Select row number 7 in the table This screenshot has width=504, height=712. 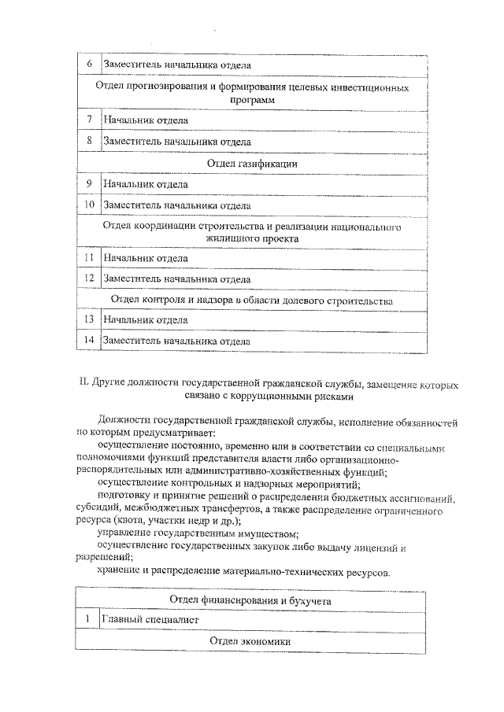pos(89,120)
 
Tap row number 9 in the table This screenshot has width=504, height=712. pos(89,184)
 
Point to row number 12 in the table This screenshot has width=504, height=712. pos(89,279)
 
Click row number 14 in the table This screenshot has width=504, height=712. pos(89,341)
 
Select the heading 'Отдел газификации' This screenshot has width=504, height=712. pos(251,163)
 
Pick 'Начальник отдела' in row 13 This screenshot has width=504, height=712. pos(145,320)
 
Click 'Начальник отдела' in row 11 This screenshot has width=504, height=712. pos(145,258)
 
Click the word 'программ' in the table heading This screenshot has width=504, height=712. pos(252,101)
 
